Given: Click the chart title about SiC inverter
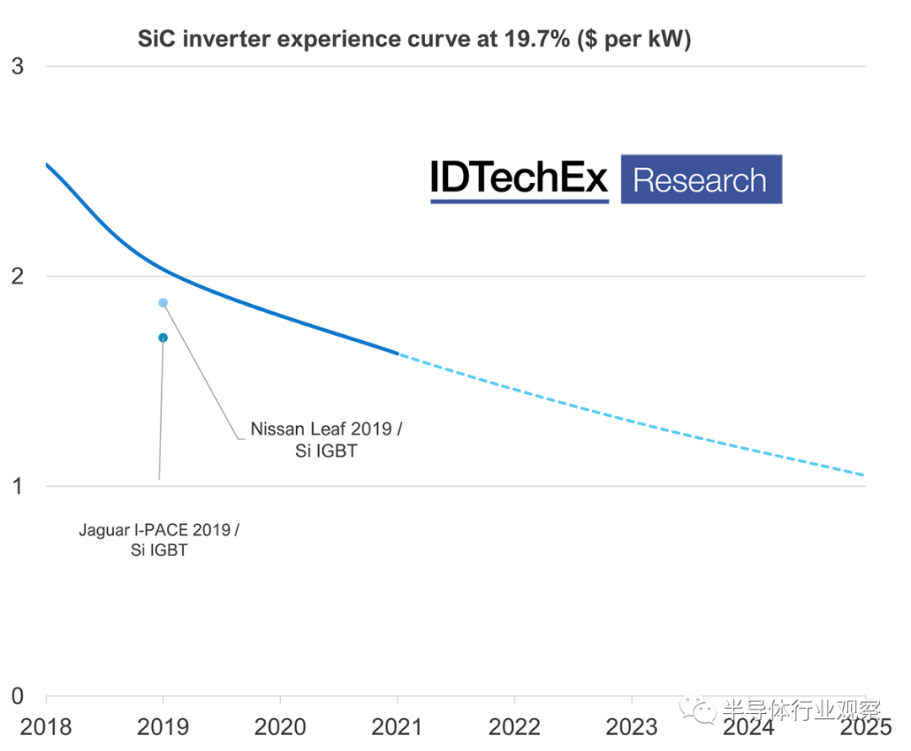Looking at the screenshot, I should coord(414,39).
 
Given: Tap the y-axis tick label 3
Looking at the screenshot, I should coord(18,66).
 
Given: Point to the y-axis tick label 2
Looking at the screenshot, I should coord(18,276).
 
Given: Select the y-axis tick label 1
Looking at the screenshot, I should coord(18,486).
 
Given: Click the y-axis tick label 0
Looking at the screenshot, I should coord(18,696).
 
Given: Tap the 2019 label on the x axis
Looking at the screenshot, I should coord(163,727).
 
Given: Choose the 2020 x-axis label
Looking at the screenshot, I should coord(280,727).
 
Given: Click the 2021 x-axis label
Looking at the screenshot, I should coord(397,727).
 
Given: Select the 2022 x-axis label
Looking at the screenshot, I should coord(515,727).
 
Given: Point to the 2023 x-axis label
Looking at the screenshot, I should coord(632,727).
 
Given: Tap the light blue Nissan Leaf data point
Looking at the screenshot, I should coord(163,303).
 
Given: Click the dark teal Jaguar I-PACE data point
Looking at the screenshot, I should coord(163,338).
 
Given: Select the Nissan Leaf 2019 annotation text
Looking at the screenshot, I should coord(326,440).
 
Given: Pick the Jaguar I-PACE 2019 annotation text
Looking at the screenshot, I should coord(159,540).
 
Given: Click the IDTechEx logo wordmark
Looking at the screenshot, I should coord(519,179).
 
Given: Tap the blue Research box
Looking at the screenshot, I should coord(701,179).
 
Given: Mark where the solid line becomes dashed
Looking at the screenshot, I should coord(397,354).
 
